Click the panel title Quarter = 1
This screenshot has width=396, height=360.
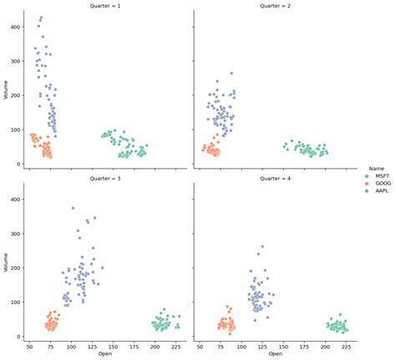[109, 5]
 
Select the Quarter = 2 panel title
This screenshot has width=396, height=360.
[275, 5]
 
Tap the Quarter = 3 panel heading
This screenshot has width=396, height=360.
[109, 178]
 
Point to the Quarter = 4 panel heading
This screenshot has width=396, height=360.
[275, 178]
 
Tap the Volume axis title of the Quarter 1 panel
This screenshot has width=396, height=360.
[7, 89]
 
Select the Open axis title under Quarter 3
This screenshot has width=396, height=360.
[109, 354]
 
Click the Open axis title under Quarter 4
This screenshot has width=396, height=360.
[275, 354]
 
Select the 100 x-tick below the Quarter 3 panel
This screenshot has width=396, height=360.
[71, 345]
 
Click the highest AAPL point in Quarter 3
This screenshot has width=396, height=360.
[73, 208]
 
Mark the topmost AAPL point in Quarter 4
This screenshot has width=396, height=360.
[262, 246]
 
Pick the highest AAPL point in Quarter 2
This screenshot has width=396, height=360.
[231, 73]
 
